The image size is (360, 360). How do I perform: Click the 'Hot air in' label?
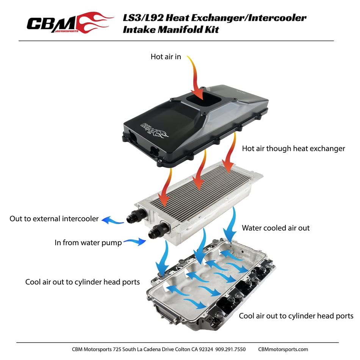(166, 57)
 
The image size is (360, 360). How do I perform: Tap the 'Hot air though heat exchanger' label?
(293, 149)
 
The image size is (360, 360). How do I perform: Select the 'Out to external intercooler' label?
(54, 219)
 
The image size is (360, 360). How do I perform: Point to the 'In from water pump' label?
(88, 243)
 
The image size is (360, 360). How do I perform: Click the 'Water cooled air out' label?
(275, 228)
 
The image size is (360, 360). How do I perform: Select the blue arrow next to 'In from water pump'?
(135, 241)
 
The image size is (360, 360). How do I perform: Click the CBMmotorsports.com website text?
(283, 349)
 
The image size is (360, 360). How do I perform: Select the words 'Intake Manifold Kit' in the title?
(171, 30)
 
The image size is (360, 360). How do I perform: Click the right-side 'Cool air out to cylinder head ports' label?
(296, 316)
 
